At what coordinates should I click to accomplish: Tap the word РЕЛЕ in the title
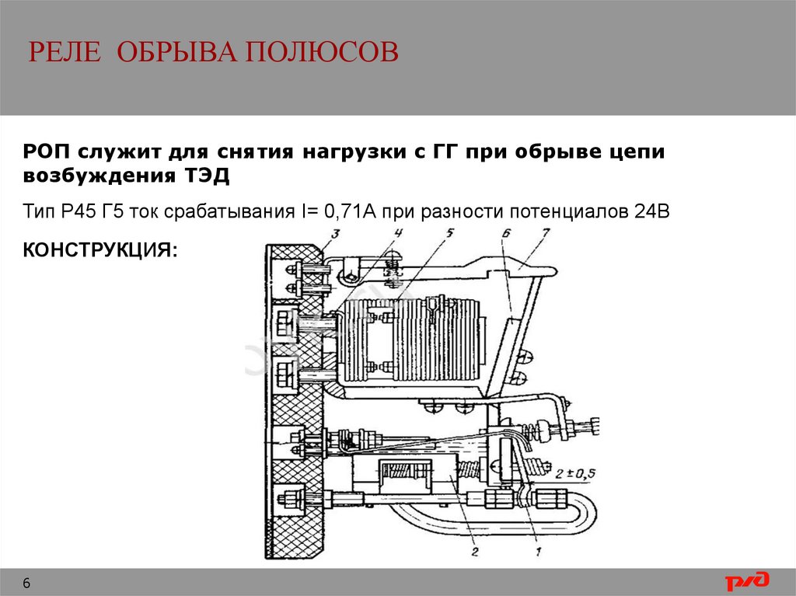(65, 52)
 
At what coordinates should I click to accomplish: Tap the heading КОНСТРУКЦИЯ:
(100, 249)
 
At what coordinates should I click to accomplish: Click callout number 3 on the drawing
(336, 234)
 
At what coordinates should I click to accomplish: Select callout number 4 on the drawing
(398, 234)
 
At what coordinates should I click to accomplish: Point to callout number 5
(450, 234)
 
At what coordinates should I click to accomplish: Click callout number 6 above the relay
(505, 234)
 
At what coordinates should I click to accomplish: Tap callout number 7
(545, 234)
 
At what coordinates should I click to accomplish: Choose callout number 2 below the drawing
(475, 552)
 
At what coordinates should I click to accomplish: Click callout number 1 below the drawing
(538, 552)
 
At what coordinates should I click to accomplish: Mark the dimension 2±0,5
(574, 474)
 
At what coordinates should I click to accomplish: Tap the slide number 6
(26, 583)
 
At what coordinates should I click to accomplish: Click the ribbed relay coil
(411, 339)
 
